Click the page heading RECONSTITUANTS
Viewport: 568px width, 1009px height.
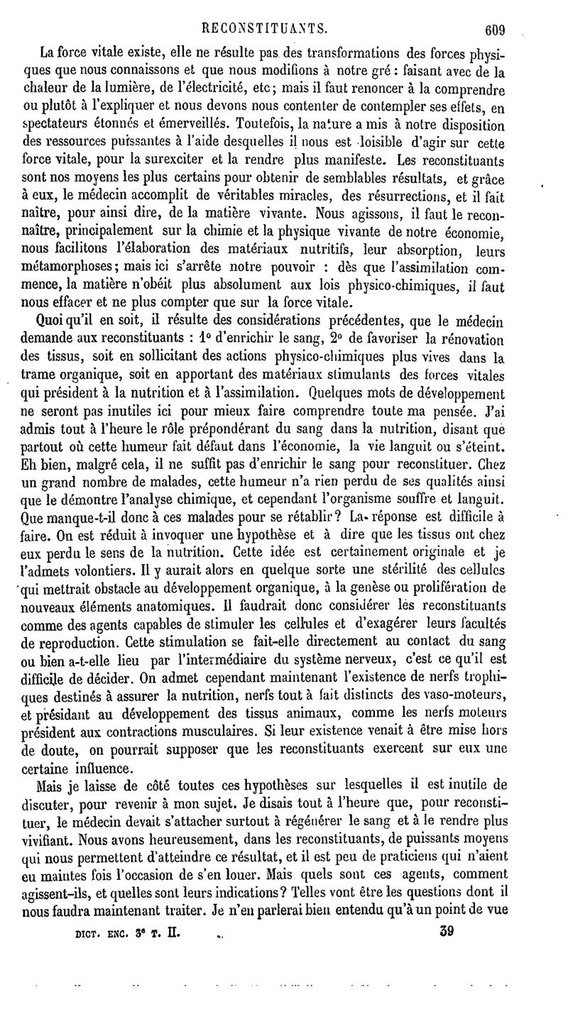[264, 28]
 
